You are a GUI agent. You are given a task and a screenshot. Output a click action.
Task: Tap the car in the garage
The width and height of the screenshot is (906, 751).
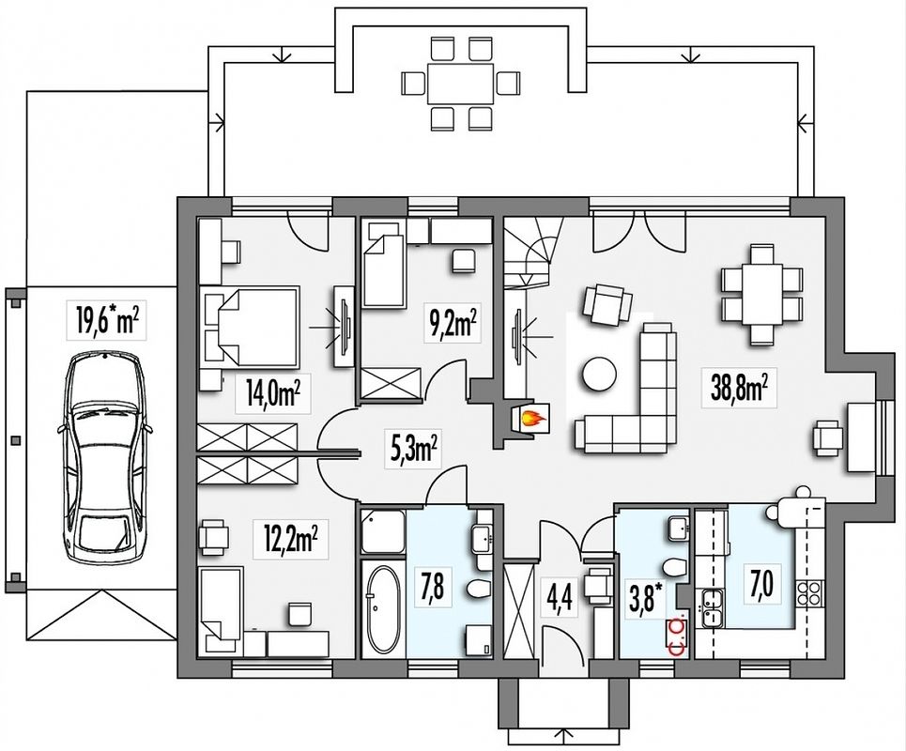click(x=104, y=459)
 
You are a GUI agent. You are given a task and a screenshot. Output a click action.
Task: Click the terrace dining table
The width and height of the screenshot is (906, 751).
click(x=460, y=84)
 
